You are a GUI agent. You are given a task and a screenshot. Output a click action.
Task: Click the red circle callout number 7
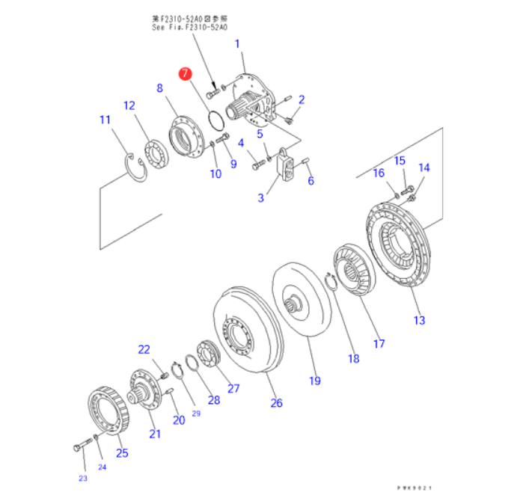pos(185,73)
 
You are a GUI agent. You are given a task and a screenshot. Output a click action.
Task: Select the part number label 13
pos(419,321)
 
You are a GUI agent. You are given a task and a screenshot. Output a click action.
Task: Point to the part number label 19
pos(315,381)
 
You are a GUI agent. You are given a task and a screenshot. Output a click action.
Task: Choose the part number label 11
pos(105,120)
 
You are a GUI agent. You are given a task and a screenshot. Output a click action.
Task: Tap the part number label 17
pos(379,344)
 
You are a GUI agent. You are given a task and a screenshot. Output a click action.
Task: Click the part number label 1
pos(238,45)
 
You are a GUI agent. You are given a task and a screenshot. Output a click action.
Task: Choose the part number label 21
pos(155,434)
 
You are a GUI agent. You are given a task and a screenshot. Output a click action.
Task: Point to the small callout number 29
pos(196,413)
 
